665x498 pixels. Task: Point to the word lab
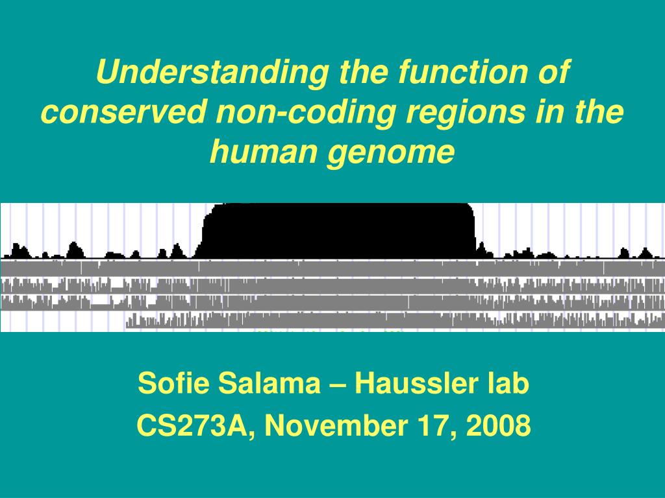coord(508,385)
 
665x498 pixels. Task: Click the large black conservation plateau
coord(338,230)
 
